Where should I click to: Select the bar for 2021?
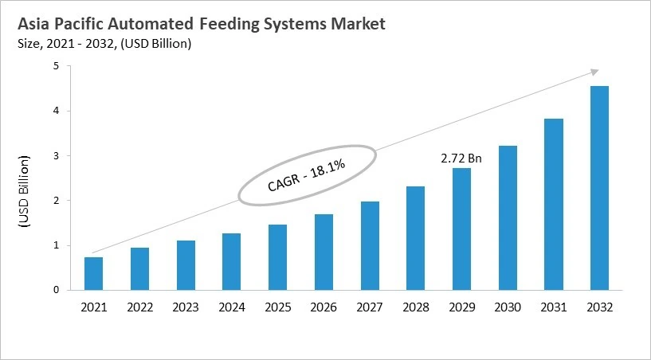(x=93, y=273)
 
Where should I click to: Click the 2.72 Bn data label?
(x=461, y=158)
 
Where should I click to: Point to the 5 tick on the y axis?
(x=57, y=67)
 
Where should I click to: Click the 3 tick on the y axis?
(x=57, y=156)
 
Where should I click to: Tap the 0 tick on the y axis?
(x=57, y=290)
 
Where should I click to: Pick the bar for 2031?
(x=554, y=204)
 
